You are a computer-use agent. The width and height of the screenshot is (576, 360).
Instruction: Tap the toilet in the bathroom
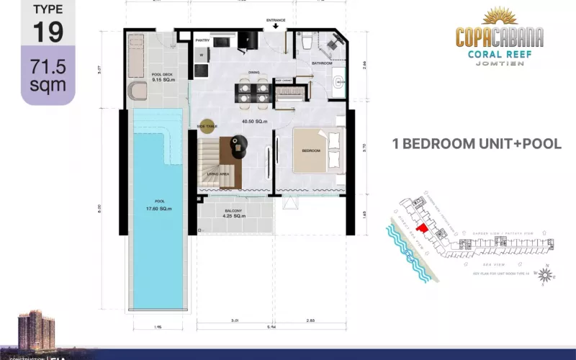pyautogui.click(x=306, y=42)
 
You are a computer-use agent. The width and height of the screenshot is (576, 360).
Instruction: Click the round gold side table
pyautogui.click(x=209, y=125)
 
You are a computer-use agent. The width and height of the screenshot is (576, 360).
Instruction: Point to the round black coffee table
pyautogui.click(x=238, y=144)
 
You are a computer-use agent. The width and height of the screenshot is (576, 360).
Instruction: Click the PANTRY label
pyautogui.click(x=203, y=41)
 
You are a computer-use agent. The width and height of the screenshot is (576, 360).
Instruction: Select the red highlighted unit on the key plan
pyautogui.click(x=424, y=229)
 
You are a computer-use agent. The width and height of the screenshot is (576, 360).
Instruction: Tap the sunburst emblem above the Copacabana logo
pyautogui.click(x=500, y=17)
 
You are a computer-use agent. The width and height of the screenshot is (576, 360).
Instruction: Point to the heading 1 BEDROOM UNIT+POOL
pyautogui.click(x=476, y=143)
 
